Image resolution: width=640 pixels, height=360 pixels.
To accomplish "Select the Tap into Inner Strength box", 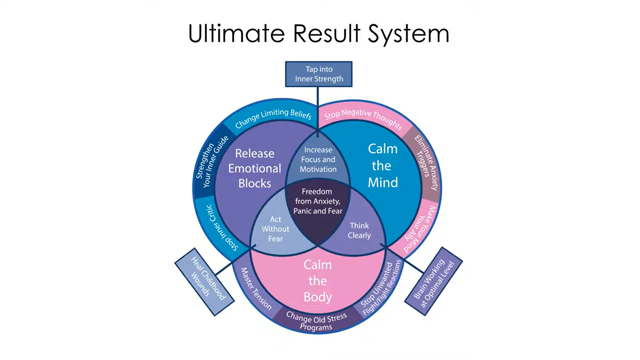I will [x=319, y=74].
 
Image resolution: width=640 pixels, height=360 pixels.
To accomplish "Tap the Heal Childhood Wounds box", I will [x=205, y=281].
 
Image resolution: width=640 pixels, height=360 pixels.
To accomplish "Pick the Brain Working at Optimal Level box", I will [x=433, y=281].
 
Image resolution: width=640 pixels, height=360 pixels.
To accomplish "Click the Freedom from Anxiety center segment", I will [x=318, y=202].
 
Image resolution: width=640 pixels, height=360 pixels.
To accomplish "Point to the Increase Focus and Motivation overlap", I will [x=318, y=159].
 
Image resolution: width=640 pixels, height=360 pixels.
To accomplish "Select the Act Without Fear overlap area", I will [x=275, y=229].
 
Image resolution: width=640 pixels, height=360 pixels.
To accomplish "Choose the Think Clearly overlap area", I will [x=359, y=230].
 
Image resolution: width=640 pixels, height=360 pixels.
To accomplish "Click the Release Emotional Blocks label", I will [x=254, y=168].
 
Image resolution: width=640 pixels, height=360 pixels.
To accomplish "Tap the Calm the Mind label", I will [x=382, y=165].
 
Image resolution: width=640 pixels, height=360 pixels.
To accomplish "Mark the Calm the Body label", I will [x=318, y=280].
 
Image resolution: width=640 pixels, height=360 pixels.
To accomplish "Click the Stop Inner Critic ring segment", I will [x=220, y=227].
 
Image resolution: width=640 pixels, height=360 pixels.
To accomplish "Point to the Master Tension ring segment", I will [x=256, y=289].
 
